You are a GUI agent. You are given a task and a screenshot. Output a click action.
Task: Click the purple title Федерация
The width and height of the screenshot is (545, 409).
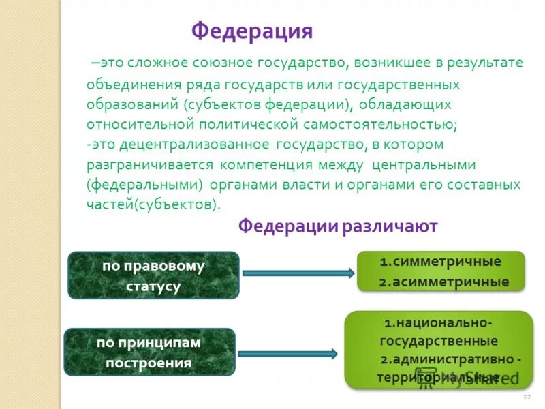pyautogui.click(x=252, y=31)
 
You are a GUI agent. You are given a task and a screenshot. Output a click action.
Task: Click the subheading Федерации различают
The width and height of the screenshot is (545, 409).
pyautogui.click(x=337, y=226)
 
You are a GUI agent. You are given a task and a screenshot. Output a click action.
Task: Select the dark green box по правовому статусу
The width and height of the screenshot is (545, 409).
pyautogui.click(x=153, y=275)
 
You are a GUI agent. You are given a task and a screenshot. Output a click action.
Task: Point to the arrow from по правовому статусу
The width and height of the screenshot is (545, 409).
pyautogui.click(x=298, y=273)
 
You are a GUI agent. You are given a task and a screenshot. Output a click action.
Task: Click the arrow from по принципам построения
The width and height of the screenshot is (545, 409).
pyautogui.click(x=287, y=354)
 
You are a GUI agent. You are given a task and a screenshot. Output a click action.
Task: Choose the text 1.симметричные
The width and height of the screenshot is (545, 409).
pyautogui.click(x=440, y=262)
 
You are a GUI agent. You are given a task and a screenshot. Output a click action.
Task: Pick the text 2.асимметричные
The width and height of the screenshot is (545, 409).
pyautogui.click(x=443, y=282)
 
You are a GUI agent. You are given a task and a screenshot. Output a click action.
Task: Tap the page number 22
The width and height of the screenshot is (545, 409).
pyautogui.click(x=526, y=397)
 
